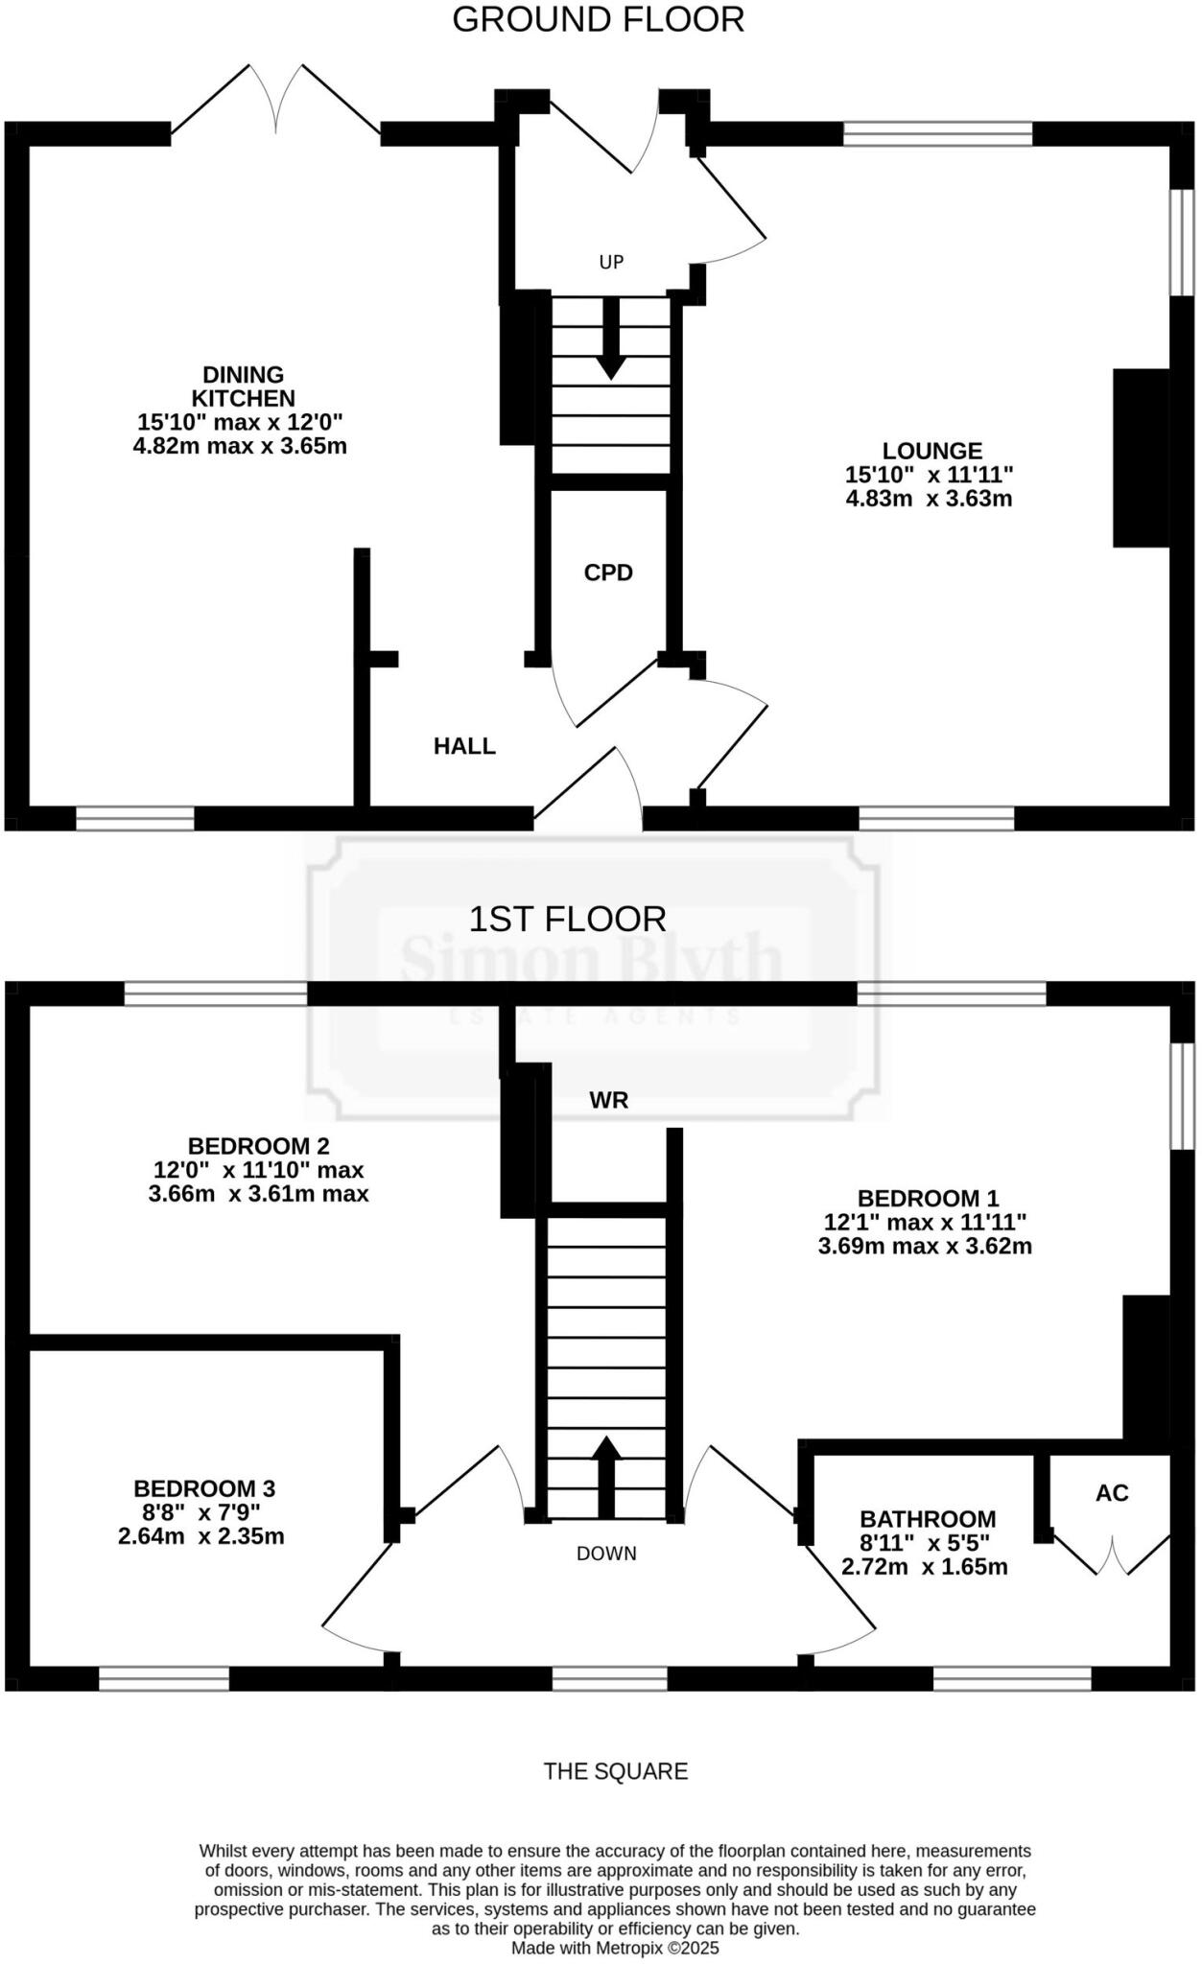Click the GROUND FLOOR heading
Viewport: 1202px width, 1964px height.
(598, 20)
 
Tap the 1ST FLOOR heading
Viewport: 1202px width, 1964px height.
(567, 919)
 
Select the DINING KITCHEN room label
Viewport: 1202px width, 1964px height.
(243, 386)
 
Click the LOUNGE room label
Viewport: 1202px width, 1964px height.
(931, 451)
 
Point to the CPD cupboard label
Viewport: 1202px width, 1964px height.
(608, 573)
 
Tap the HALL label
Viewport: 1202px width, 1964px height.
(464, 746)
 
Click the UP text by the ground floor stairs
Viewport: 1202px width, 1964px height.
(611, 262)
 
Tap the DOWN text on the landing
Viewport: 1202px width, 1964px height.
(606, 1553)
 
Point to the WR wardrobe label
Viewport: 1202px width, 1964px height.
(609, 1101)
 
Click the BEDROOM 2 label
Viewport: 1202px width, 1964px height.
(258, 1146)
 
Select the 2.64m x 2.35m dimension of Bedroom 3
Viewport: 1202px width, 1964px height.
(201, 1536)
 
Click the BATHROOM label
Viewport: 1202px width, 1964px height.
(927, 1519)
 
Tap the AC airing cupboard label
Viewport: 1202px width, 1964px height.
(1112, 1493)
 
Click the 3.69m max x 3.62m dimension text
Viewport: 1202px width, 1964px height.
(925, 1247)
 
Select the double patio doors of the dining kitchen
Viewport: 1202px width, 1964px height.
(276, 101)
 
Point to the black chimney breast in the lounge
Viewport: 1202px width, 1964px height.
(1142, 457)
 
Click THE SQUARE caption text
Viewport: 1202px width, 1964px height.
(616, 1771)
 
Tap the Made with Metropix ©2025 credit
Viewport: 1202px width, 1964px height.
(615, 1949)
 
